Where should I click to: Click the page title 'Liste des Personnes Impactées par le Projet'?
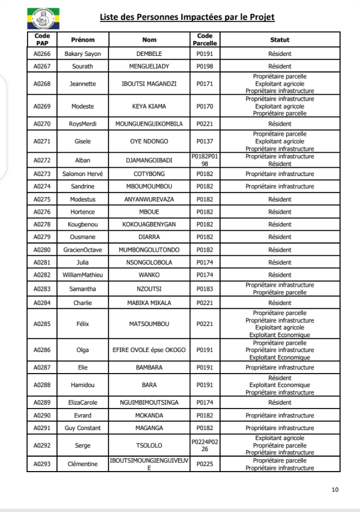[x=187, y=17]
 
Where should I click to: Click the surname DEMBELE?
[x=148, y=54]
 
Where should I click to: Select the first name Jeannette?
[x=84, y=84]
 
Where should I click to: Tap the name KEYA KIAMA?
[x=148, y=105]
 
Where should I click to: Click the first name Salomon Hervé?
[x=84, y=174]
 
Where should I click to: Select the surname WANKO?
[x=148, y=273]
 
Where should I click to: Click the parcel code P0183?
[x=205, y=288]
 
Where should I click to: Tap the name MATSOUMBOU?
[x=148, y=323]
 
